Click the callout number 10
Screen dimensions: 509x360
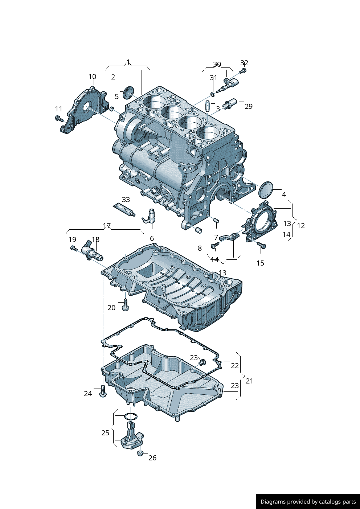click(x=92, y=77)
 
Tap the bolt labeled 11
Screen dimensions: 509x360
click(x=58, y=118)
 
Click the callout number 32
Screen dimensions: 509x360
click(x=244, y=63)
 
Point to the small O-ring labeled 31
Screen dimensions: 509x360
click(x=212, y=95)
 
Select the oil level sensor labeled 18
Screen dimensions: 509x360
click(x=93, y=251)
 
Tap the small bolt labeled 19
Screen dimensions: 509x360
click(x=73, y=248)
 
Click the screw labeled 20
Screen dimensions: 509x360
click(x=126, y=305)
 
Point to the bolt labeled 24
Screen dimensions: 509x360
click(x=103, y=391)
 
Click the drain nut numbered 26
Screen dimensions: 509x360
click(x=140, y=453)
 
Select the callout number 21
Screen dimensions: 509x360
click(x=249, y=381)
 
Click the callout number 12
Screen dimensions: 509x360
click(x=301, y=226)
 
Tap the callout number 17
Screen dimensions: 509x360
click(x=107, y=226)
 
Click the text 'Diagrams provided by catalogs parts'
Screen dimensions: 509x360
click(x=308, y=502)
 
